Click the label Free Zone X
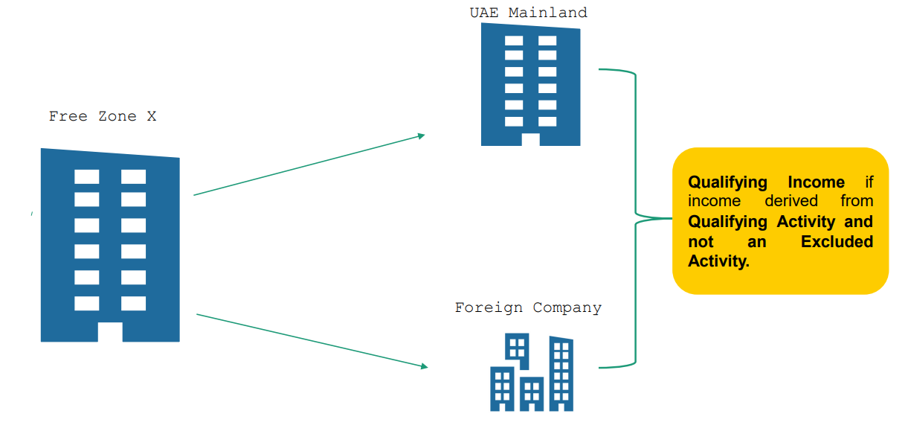[103, 116]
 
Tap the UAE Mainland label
[528, 13]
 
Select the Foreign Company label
[528, 307]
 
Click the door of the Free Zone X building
[110, 332]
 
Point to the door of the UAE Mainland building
[530, 139]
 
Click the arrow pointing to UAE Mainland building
[309, 165]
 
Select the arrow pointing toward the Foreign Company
[312, 341]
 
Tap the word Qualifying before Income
[727, 182]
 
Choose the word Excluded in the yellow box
[837, 241]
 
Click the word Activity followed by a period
[718, 261]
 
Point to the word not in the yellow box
[701, 241]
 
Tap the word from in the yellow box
[857, 202]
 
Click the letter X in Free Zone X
[152, 116]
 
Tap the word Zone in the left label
[114, 116]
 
